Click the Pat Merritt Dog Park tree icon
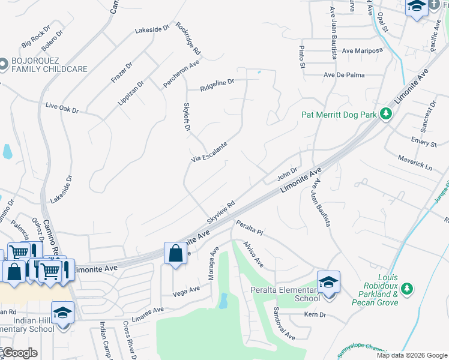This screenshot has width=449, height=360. (x=387, y=113)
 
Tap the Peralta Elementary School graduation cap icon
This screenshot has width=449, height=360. (x=328, y=281)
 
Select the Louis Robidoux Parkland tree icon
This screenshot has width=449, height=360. (x=407, y=289)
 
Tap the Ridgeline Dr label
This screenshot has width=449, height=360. (x=217, y=83)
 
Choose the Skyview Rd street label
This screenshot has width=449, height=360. (x=220, y=209)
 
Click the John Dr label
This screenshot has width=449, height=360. (x=287, y=174)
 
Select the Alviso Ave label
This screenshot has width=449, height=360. (x=253, y=254)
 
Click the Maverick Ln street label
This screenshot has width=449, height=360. (x=415, y=161)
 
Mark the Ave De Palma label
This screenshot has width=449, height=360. (x=344, y=75)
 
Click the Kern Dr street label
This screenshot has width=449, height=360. (x=315, y=314)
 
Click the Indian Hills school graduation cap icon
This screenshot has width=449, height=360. (x=62, y=313)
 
